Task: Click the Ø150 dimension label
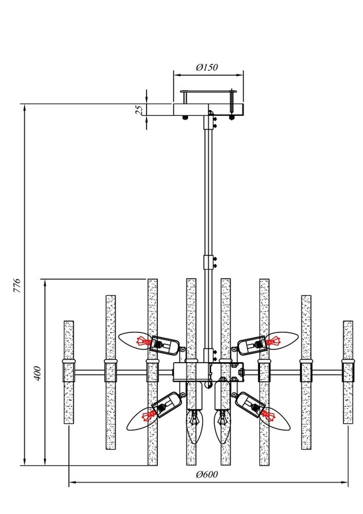coord(207,67)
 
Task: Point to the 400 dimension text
coord(37,373)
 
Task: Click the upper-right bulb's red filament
coord(273,341)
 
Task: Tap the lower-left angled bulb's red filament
coord(148,416)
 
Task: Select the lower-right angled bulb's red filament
coord(269,414)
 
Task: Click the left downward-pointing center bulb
coord(195,425)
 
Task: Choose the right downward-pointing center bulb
coord(222,425)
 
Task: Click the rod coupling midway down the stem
coord(208,262)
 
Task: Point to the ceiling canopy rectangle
coord(208,109)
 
